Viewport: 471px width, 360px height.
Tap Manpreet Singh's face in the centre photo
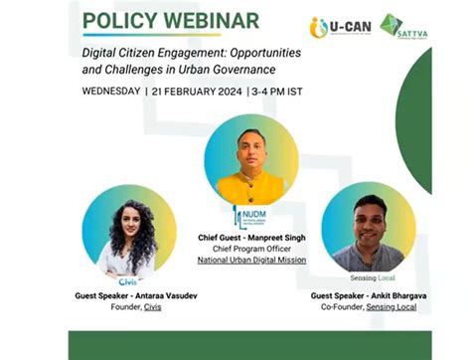(250, 147)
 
